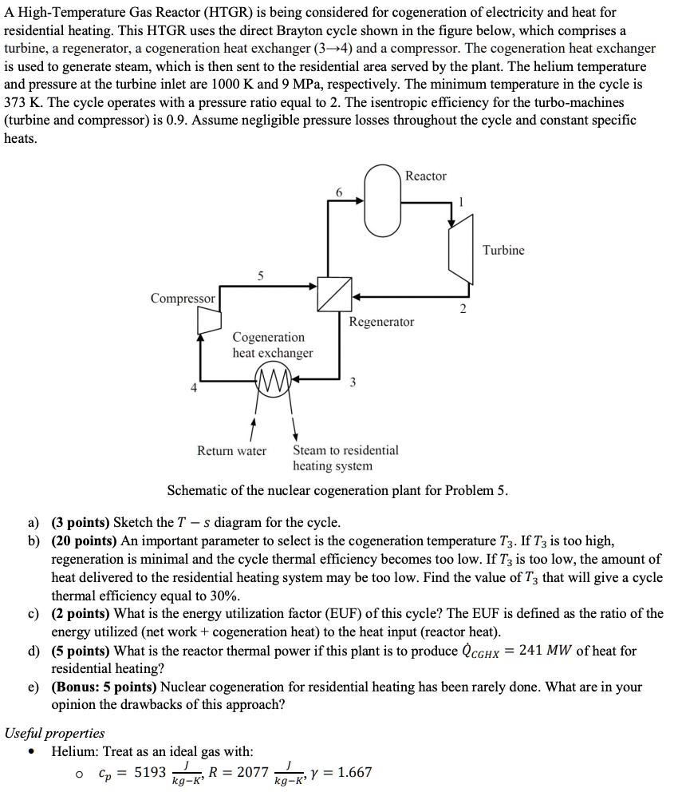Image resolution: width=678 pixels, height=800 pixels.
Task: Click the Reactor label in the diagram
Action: (x=426, y=176)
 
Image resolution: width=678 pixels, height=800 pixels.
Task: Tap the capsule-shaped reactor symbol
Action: (x=384, y=200)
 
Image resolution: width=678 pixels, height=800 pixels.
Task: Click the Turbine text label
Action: (x=503, y=251)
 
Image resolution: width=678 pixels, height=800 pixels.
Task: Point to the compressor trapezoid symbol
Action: (x=209, y=321)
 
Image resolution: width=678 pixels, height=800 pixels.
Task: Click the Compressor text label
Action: (x=183, y=298)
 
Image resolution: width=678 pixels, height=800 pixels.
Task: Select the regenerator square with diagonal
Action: (x=333, y=295)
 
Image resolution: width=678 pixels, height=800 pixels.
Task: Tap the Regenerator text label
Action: (x=381, y=322)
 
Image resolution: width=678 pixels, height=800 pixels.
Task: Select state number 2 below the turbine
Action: (x=462, y=311)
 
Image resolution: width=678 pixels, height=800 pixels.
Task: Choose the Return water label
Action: (x=231, y=450)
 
